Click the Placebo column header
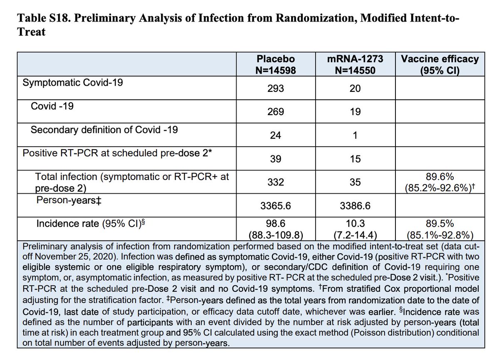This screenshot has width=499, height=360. coord(276,65)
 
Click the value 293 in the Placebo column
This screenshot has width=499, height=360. coord(276,89)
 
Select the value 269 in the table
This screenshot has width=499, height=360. coord(276,112)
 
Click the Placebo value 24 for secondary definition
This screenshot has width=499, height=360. coord(276,136)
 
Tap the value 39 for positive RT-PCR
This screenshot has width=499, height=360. coord(276,159)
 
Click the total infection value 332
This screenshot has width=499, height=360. coord(276,182)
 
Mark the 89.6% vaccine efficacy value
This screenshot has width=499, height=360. coord(439,177)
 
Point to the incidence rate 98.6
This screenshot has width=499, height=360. coord(276,224)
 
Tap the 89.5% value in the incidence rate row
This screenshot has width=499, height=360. coord(439,224)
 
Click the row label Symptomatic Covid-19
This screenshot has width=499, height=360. coord(72,82)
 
